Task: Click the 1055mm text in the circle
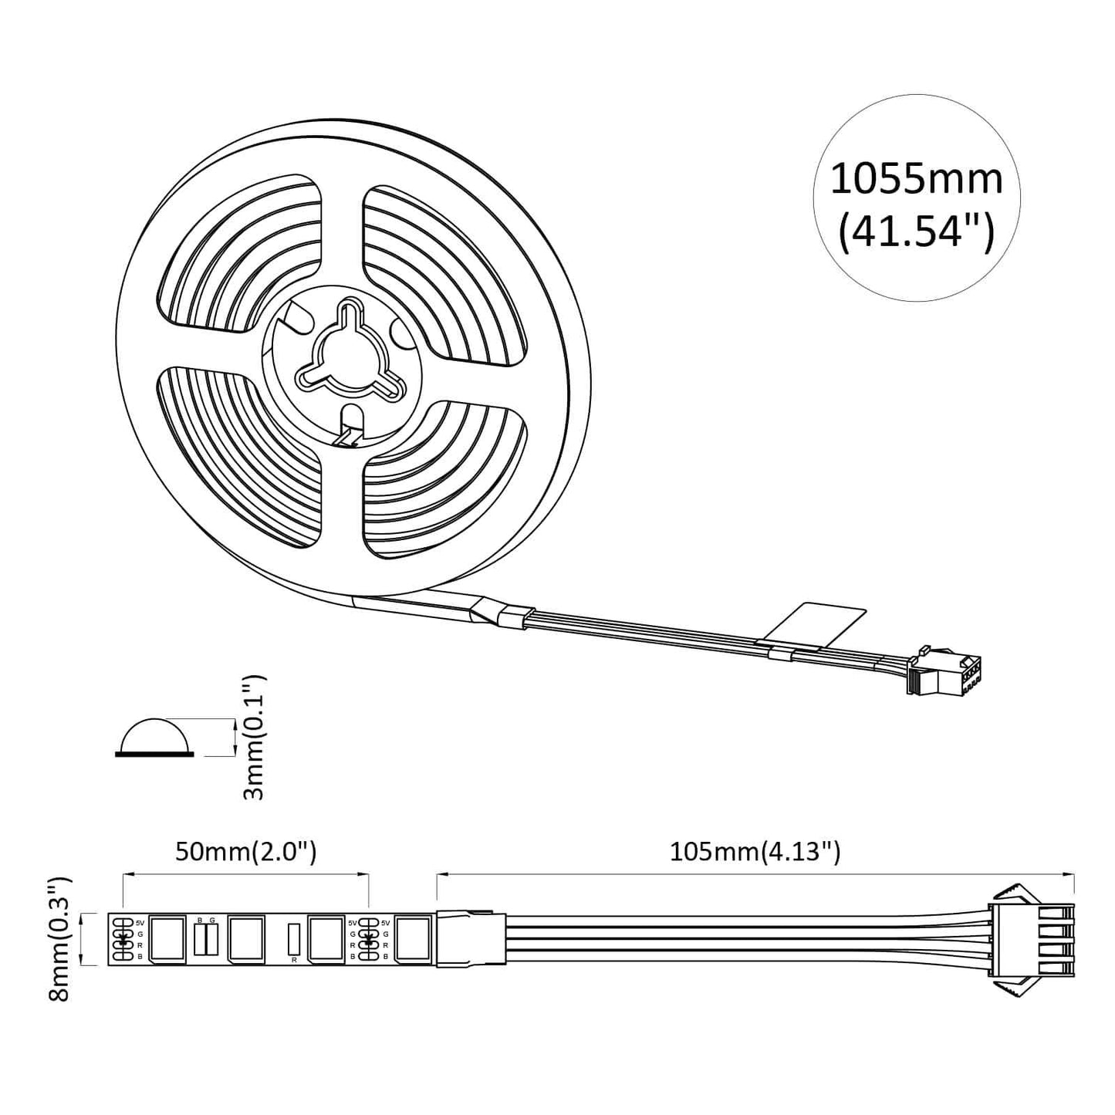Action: point(916,179)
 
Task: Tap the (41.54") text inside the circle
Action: point(916,231)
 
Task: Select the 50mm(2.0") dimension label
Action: point(245,852)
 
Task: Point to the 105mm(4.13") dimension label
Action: point(754,852)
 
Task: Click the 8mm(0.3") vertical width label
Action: point(59,938)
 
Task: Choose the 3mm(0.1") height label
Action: point(254,738)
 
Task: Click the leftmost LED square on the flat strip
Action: point(167,939)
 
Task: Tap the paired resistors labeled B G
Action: point(206,938)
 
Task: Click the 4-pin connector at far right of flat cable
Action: point(1034,940)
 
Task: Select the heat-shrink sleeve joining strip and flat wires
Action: point(471,939)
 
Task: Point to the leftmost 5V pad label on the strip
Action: point(140,922)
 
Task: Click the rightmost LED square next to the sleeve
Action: point(413,939)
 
